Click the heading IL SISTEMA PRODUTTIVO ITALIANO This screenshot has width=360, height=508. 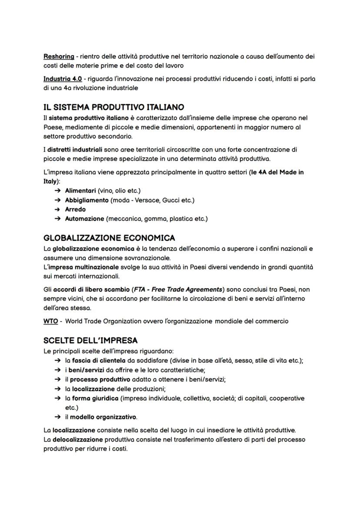click(x=113, y=107)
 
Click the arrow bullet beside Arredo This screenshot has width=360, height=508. click(x=57, y=209)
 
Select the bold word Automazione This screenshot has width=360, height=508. click(x=84, y=219)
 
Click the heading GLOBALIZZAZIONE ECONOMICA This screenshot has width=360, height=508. click(x=109, y=238)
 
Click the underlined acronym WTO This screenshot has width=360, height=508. click(x=50, y=322)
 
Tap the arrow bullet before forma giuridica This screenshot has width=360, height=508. click(x=57, y=398)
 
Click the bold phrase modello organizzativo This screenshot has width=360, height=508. click(x=103, y=417)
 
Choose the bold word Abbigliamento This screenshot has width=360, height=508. click(x=87, y=200)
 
